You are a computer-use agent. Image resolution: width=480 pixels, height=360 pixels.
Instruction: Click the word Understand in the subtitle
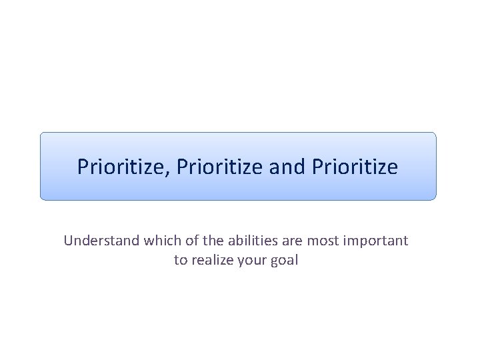[x=101, y=241]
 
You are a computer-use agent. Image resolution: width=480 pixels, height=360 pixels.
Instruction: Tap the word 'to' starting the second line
[x=181, y=260]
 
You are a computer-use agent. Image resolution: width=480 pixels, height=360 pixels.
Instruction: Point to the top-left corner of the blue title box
[x=42, y=133]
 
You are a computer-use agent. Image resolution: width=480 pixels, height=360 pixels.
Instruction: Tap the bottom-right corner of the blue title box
[x=435, y=199]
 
